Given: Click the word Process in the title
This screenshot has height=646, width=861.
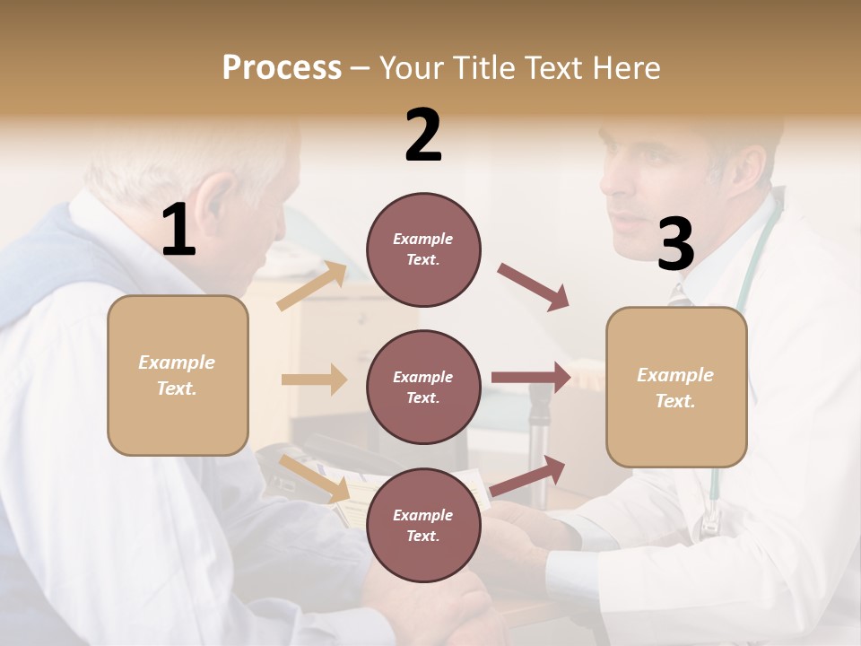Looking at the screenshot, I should (x=282, y=68).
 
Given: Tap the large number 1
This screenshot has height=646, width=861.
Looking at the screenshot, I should (x=178, y=231).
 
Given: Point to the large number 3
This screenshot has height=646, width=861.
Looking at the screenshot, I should (x=675, y=244).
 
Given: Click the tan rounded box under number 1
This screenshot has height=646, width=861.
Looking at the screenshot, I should (x=178, y=375).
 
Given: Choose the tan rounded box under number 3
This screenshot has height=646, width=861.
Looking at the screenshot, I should (x=676, y=388).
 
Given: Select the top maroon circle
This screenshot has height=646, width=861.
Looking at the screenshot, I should (x=423, y=249).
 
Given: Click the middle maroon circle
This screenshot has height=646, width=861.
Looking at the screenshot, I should (x=423, y=387).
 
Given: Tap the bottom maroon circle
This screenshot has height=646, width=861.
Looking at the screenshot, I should (x=423, y=525).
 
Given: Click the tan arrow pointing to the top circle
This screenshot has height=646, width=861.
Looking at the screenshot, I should (x=313, y=286).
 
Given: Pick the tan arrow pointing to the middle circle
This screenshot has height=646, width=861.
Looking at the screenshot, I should (x=314, y=380).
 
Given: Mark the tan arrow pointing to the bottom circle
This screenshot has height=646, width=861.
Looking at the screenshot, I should (x=315, y=478).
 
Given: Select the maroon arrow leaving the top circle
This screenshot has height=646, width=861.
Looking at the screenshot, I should (x=533, y=287).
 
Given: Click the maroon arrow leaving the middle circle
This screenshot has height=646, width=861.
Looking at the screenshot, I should (x=531, y=377).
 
